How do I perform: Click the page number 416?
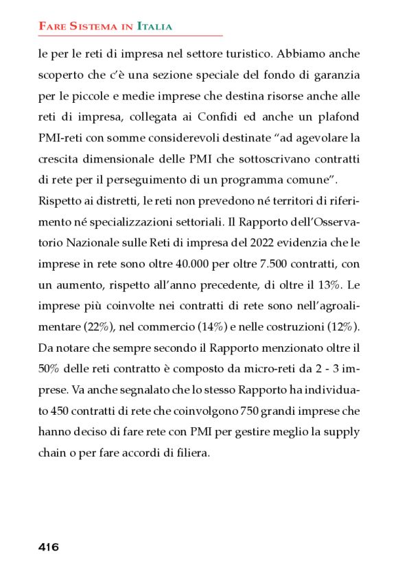click(x=48, y=547)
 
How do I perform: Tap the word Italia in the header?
click(x=154, y=26)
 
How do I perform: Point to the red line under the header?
click(x=130, y=35)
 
